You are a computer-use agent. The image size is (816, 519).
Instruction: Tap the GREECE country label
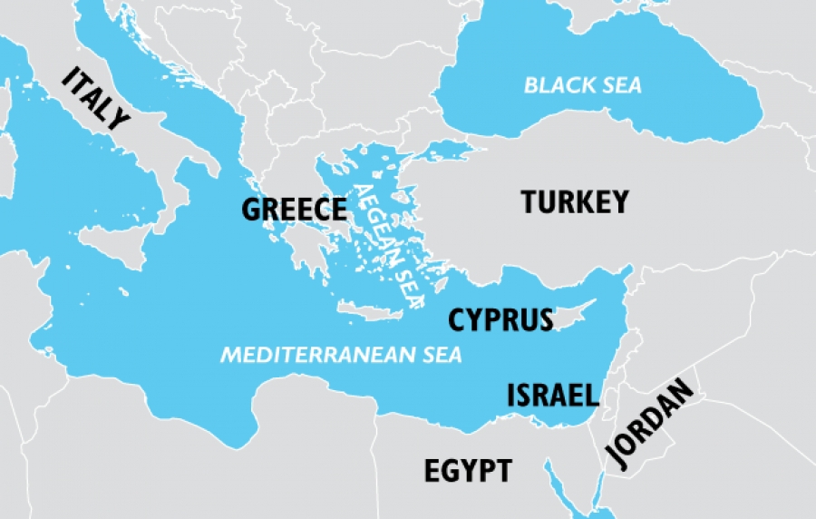[x=294, y=210]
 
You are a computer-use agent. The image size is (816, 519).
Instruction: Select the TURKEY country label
[x=575, y=201]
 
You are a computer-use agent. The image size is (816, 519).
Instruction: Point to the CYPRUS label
[x=500, y=319]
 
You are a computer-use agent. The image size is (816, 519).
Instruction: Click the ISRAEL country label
[x=552, y=395]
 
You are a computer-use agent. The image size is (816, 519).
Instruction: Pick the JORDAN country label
[x=651, y=424]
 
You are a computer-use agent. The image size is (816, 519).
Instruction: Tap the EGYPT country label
[x=468, y=471]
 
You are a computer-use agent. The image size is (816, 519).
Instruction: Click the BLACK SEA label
[x=583, y=86]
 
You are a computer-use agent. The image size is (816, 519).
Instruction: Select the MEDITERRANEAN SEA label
[x=342, y=354]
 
